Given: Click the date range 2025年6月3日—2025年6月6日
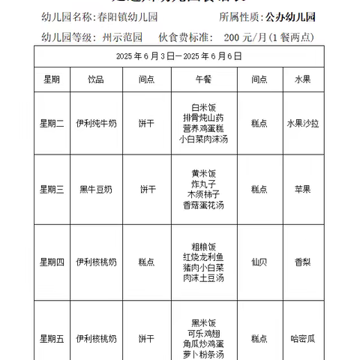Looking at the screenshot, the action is tap(179, 56).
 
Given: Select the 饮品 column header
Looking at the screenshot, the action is tap(96, 79).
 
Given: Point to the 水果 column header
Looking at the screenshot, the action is tap(303, 79).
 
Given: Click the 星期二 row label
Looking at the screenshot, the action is tap(52, 123).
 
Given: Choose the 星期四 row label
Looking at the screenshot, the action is tap(52, 262).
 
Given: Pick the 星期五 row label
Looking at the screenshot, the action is tap(52, 338).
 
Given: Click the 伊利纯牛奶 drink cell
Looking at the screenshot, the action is tap(96, 123).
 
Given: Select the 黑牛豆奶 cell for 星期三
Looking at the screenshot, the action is tap(96, 189).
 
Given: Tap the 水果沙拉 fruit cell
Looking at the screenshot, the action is tap(303, 123).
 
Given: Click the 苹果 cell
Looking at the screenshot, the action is tap(303, 189).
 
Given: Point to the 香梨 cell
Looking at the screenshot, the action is tap(303, 262).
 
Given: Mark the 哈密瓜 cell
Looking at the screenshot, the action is tap(303, 338).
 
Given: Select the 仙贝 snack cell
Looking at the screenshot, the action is tap(259, 262).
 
